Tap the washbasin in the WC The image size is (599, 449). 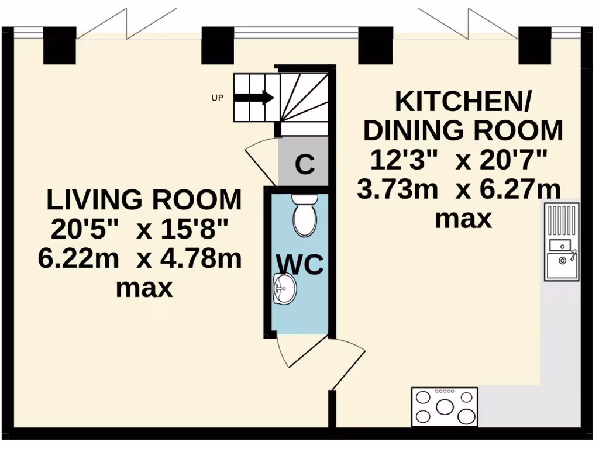[285, 288]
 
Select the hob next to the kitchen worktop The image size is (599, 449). [445, 406]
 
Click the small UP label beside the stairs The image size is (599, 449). [217, 98]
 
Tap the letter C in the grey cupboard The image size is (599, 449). [304, 165]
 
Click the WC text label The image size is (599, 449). [299, 264]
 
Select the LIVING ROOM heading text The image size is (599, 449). [144, 200]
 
